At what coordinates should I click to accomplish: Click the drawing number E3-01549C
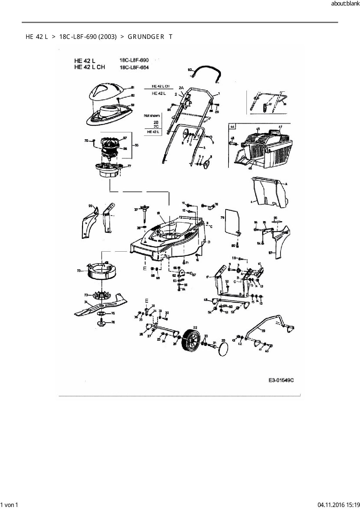[x=281, y=380]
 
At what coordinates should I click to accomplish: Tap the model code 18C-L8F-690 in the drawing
[x=134, y=60]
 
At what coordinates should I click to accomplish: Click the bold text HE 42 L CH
[x=89, y=67]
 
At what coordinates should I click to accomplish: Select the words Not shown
[x=152, y=115]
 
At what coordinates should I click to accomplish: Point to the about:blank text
[x=345, y=4]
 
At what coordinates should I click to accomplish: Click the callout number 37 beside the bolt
[x=136, y=210]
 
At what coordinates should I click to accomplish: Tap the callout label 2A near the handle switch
[x=181, y=88]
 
